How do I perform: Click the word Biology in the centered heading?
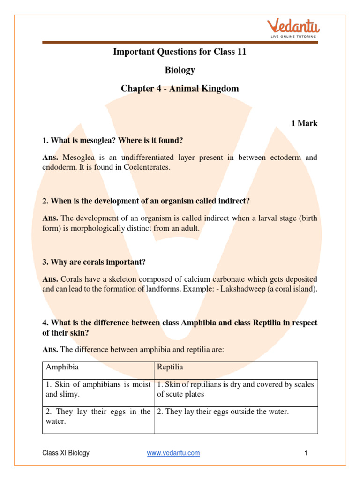[x=180, y=70]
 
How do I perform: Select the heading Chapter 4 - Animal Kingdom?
[x=180, y=88]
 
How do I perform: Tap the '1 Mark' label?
[x=304, y=124]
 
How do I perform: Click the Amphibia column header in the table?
[x=62, y=367]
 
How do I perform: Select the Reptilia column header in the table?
[x=170, y=367]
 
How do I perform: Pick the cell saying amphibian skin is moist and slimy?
[x=98, y=389]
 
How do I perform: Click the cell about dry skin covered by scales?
[x=235, y=389]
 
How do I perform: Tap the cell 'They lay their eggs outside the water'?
[x=223, y=412]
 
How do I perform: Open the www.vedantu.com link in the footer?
[x=173, y=453]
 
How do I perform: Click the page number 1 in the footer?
[x=305, y=453]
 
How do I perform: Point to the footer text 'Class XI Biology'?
[x=66, y=453]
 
